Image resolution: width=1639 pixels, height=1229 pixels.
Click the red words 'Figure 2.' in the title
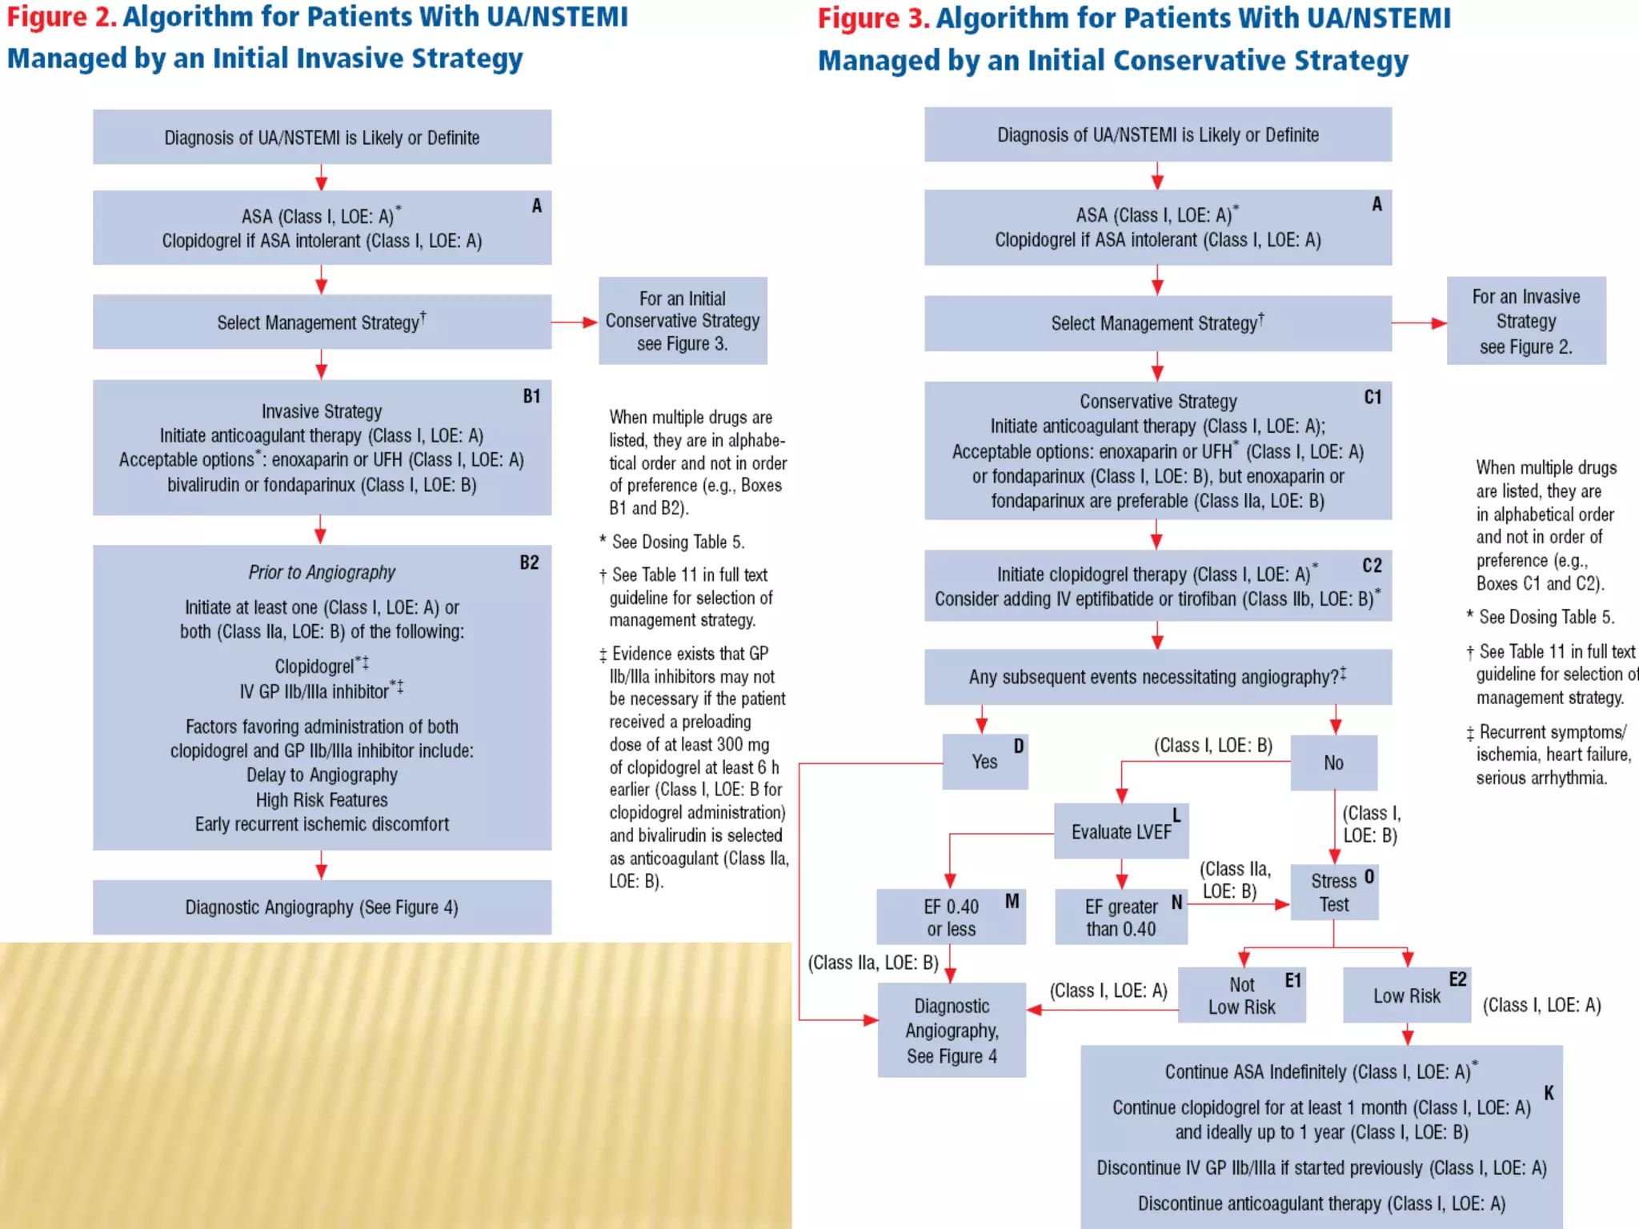(x=62, y=18)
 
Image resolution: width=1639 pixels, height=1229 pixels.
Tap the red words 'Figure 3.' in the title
(x=873, y=19)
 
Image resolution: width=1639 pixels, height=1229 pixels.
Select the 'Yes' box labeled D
(x=984, y=762)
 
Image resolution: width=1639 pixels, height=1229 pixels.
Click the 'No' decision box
(x=1333, y=763)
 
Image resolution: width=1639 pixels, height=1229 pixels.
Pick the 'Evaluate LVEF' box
(x=1120, y=832)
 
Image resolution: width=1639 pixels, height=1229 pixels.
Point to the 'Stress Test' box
(x=1334, y=893)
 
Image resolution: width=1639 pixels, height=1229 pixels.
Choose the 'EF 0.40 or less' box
(x=951, y=918)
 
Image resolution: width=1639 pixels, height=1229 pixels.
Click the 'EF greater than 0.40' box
(x=1120, y=918)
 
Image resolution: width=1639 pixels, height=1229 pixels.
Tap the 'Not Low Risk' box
(x=1241, y=995)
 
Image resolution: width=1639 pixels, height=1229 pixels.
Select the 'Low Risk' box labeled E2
(x=1406, y=995)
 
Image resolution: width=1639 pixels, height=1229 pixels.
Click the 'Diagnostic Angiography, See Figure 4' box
(x=952, y=1031)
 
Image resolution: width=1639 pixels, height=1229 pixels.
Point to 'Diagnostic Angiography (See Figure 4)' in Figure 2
(x=322, y=907)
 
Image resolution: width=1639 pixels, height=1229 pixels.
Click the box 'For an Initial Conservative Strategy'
(x=683, y=321)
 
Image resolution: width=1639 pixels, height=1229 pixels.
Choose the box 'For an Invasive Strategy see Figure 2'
(x=1525, y=321)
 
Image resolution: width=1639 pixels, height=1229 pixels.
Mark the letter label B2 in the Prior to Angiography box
(x=529, y=562)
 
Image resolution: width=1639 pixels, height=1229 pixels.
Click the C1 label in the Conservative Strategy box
(x=1373, y=398)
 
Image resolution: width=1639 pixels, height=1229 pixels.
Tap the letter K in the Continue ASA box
(x=1549, y=1093)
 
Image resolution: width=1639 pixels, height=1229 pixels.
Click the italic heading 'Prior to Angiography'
(x=322, y=572)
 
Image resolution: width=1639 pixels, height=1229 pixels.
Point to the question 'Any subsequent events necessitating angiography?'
(x=1157, y=677)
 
